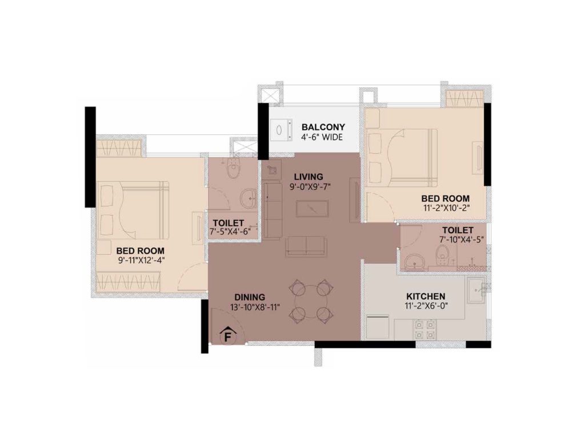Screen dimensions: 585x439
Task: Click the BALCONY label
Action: (323, 127)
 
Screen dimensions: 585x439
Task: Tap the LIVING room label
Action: (308, 177)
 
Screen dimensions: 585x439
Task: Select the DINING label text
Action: (250, 297)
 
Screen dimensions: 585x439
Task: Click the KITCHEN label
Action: (425, 297)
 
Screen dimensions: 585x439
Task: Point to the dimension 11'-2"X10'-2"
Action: (445, 208)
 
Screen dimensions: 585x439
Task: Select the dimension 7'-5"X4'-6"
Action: (230, 232)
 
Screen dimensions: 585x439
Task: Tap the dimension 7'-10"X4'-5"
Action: (462, 240)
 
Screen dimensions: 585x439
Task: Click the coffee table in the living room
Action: (312, 208)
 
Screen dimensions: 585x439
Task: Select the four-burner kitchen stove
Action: (425, 329)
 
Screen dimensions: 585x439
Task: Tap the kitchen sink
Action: (475, 290)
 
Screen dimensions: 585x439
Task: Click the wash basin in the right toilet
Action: (414, 261)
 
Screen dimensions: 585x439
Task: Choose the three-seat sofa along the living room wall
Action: (273, 210)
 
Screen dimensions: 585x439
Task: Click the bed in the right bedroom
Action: (402, 157)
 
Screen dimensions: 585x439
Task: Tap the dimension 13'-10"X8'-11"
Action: (255, 307)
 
